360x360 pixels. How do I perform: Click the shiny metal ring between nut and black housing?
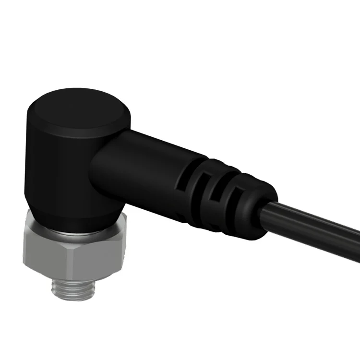(77, 229)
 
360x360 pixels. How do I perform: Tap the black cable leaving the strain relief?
(312, 230)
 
